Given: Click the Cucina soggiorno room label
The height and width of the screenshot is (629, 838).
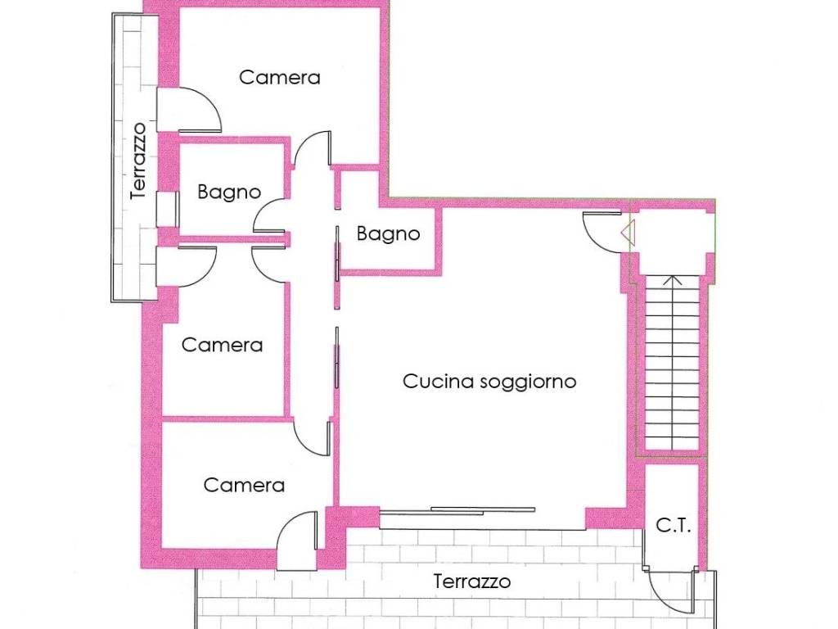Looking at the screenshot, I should (x=489, y=381).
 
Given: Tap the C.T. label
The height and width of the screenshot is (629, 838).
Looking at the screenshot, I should (x=674, y=527).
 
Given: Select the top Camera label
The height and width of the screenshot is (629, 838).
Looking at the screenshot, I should (x=279, y=78).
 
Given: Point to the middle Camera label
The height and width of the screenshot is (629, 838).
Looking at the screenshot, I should (x=222, y=345).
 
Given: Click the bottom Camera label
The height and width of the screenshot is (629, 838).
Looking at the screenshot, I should (x=244, y=485).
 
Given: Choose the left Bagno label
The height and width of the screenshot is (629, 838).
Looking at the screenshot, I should (x=229, y=192).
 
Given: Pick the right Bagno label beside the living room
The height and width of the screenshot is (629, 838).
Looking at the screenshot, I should (x=388, y=234).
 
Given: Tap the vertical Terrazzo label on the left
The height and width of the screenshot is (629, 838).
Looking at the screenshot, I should (x=138, y=161).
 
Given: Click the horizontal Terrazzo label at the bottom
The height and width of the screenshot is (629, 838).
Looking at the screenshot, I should (x=472, y=581).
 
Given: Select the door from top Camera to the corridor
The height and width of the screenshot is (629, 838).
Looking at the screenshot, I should (x=313, y=152).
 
